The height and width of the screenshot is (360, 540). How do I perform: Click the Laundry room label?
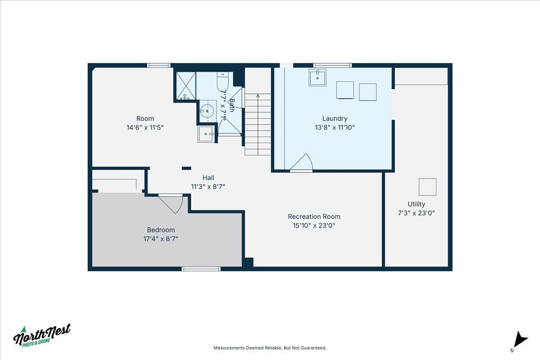pos(335,118)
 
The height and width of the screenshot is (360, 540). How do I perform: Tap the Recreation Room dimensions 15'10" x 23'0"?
pos(314,225)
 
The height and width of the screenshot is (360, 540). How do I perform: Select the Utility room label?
pos(416,204)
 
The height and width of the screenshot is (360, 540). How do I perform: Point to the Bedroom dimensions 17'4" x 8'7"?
pos(161,238)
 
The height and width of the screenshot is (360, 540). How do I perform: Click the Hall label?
pos(208,178)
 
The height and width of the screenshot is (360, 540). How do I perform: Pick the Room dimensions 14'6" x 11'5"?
pos(145,127)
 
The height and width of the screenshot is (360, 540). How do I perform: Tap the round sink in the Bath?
pos(207,111)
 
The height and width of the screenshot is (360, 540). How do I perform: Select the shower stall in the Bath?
pos(185,85)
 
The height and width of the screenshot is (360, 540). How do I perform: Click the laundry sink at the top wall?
pos(317,77)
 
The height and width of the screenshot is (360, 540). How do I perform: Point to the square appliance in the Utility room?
pos(427,187)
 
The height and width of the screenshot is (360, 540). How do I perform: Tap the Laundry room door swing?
pos(301,162)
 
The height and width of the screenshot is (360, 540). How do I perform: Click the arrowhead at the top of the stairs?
pos(258,95)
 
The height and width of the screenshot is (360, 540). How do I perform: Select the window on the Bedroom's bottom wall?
pos(201,269)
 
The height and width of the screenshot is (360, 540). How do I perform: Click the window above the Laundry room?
pos(333,65)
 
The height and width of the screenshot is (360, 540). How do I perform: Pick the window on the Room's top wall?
pos(158,65)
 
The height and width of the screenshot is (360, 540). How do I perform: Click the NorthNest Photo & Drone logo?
pos(42,335)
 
